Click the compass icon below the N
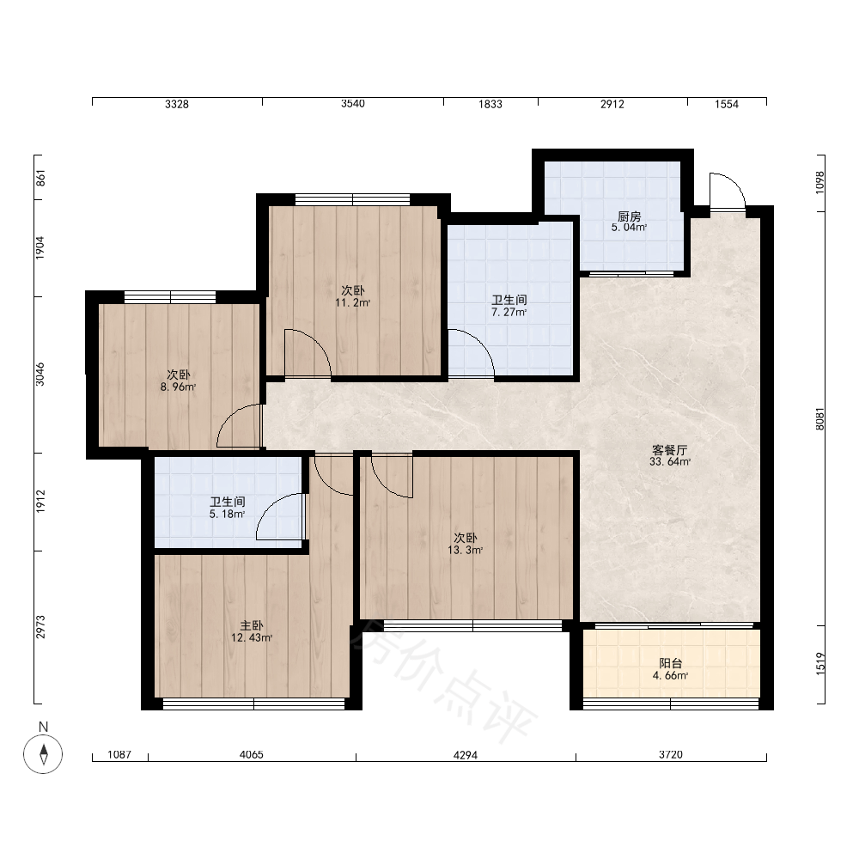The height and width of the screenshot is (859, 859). pyautogui.click(x=43, y=754)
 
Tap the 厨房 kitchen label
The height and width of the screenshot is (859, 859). pyautogui.click(x=629, y=216)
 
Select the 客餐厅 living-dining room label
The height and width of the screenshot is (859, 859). pyautogui.click(x=669, y=450)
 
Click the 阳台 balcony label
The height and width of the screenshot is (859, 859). pyautogui.click(x=670, y=663)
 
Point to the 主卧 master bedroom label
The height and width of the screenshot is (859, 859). pyautogui.click(x=252, y=625)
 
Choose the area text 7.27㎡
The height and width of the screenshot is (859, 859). pyautogui.click(x=509, y=313)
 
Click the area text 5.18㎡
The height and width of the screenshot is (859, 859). pyautogui.click(x=227, y=514)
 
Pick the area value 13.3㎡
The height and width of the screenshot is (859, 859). pyautogui.click(x=465, y=550)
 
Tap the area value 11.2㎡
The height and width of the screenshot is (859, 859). pyautogui.click(x=353, y=302)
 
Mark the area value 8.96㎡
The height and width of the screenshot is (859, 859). pyautogui.click(x=178, y=387)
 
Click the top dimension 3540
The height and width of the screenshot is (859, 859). pyautogui.click(x=353, y=104)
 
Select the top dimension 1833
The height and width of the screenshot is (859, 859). pyautogui.click(x=490, y=104)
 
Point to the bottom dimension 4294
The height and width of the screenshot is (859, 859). pyautogui.click(x=465, y=755)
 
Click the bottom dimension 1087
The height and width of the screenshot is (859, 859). pyautogui.click(x=119, y=754)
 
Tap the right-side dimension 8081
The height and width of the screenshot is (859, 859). pyautogui.click(x=820, y=419)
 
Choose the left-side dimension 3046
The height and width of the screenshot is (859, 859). pyautogui.click(x=40, y=375)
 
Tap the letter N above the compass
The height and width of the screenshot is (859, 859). pyautogui.click(x=43, y=727)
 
